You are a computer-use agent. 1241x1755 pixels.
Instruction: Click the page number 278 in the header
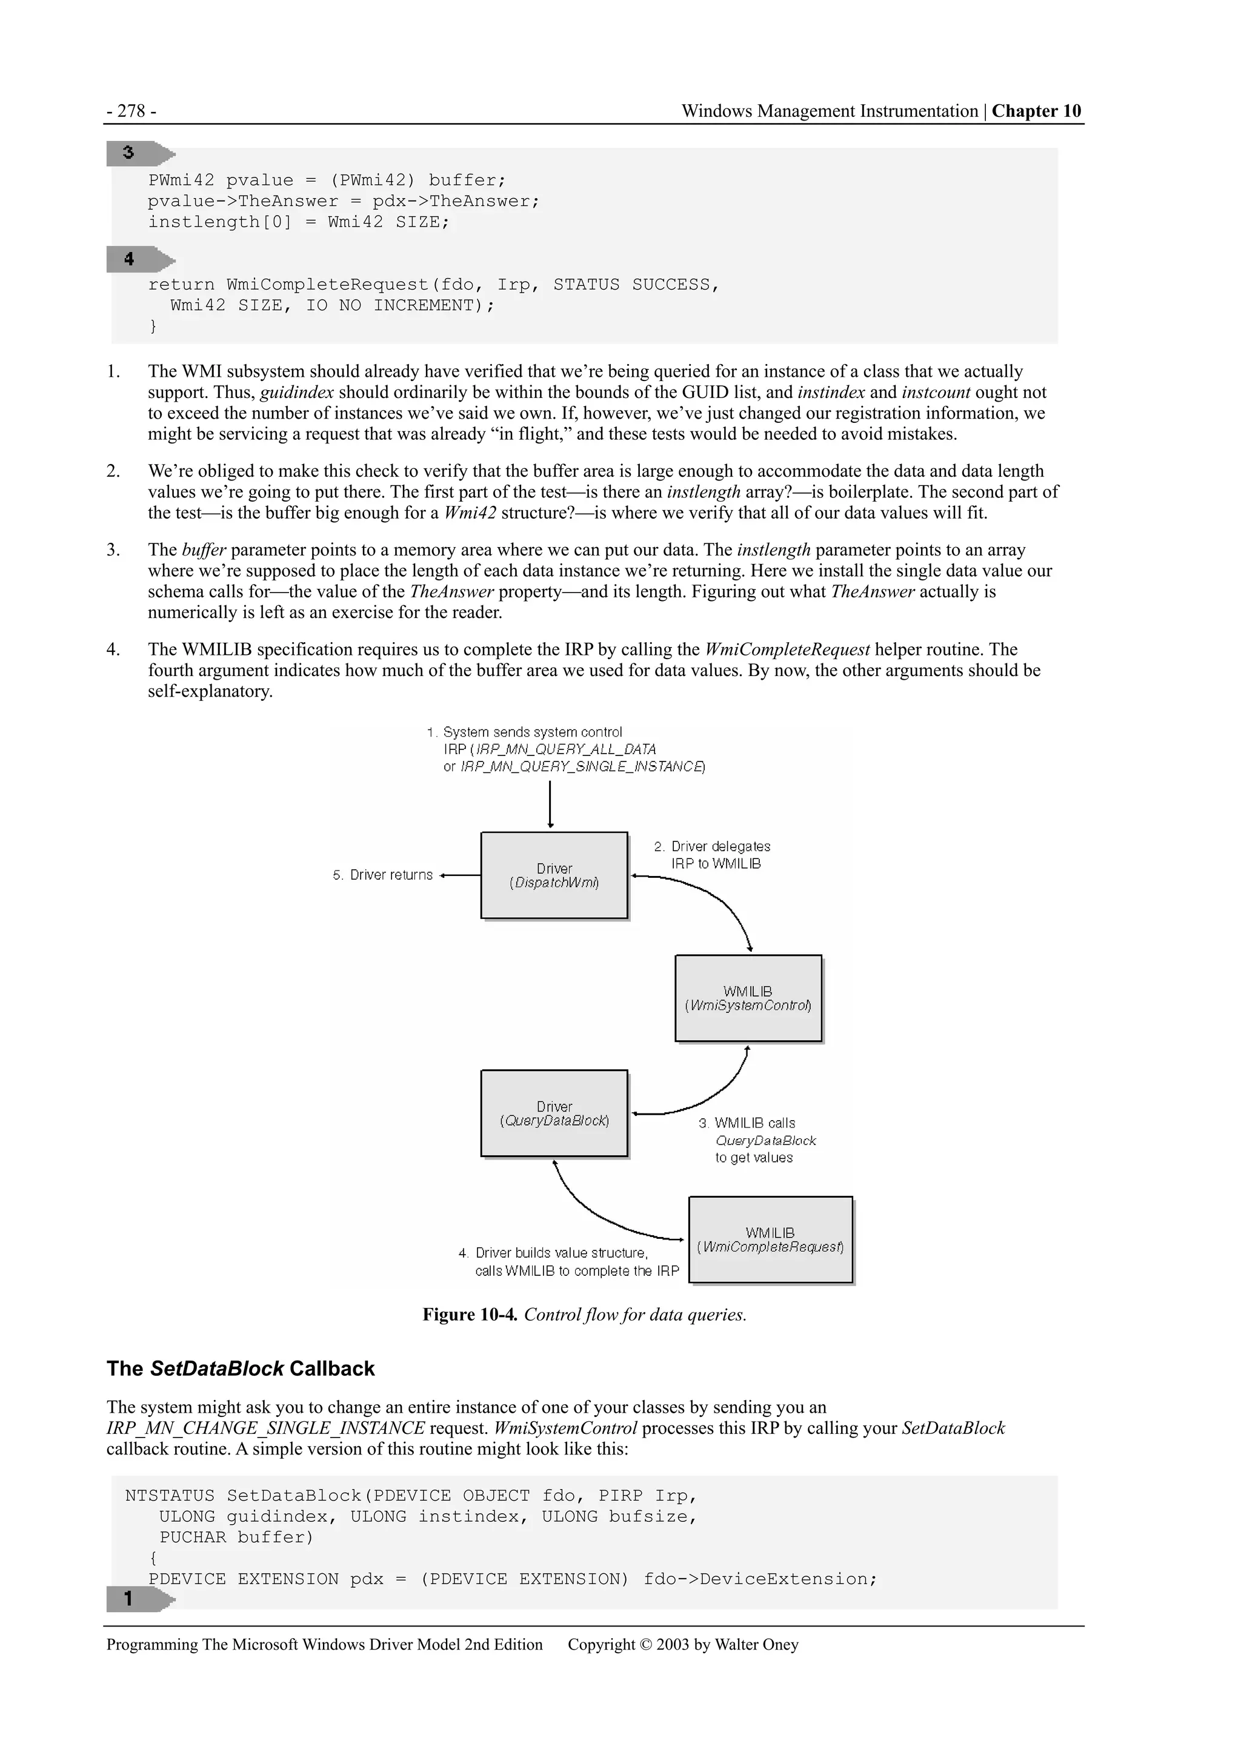(x=131, y=111)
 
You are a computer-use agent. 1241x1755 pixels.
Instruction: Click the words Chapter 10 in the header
(x=1036, y=111)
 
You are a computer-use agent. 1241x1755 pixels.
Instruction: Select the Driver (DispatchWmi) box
(x=554, y=875)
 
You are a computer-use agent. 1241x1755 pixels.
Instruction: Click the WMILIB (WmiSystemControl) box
(x=748, y=998)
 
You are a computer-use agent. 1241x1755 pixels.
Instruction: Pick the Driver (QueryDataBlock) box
(x=554, y=1113)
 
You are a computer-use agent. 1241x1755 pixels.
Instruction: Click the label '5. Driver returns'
(x=382, y=875)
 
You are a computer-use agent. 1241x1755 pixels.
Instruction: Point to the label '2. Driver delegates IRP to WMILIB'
(x=712, y=855)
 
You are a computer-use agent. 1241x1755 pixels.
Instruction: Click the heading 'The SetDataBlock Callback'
(x=240, y=1369)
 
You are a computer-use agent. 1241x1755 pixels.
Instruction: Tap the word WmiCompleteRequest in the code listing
(x=327, y=285)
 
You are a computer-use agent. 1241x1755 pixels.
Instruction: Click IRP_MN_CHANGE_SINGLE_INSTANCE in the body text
(x=265, y=1428)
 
